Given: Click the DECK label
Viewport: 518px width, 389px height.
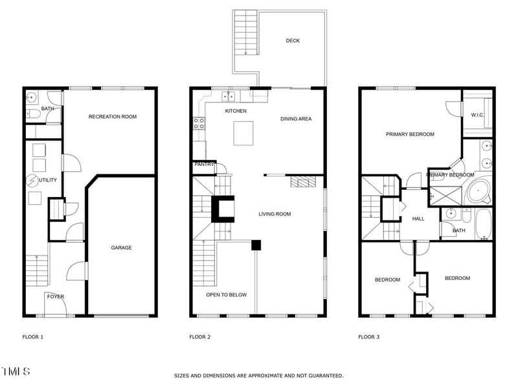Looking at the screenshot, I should (x=293, y=41).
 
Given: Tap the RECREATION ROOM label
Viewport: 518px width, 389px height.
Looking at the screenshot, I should (x=113, y=117).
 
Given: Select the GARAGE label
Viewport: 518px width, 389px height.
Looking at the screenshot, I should (x=121, y=248).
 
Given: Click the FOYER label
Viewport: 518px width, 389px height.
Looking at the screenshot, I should (x=55, y=296).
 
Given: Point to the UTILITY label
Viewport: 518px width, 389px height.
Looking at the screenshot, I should (x=49, y=180).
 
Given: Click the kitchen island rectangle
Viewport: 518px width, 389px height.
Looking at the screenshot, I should (x=244, y=134).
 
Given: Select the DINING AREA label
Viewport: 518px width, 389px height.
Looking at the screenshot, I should (x=296, y=119).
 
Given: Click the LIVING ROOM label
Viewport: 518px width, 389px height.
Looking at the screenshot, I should (x=275, y=214).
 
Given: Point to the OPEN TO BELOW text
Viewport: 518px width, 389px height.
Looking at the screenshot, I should (x=226, y=295).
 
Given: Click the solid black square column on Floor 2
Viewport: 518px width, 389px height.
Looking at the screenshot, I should (x=256, y=245).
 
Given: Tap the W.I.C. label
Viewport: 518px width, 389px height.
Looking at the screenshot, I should (x=477, y=115).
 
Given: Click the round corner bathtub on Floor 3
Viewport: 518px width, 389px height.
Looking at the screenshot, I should (x=479, y=192).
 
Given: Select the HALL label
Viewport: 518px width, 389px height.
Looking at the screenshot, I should (x=418, y=218).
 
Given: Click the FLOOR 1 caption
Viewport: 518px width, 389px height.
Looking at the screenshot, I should (x=33, y=336).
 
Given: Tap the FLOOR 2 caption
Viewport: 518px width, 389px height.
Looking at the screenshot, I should (x=199, y=336).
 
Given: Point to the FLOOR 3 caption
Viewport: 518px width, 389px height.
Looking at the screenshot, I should (x=369, y=336).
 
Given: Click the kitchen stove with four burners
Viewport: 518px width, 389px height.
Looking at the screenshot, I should (x=199, y=123).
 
